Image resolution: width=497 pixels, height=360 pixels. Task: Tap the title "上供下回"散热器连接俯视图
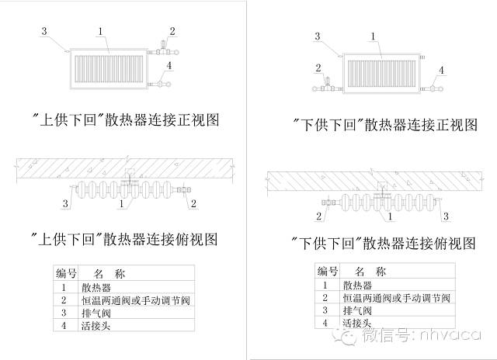coord(129,236)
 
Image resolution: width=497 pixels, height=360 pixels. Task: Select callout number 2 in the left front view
coord(172,31)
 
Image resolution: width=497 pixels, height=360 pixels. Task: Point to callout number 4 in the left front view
coord(169,67)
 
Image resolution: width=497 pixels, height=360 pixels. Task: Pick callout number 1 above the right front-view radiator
coord(374,36)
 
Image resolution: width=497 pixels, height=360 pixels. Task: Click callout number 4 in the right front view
coord(443,71)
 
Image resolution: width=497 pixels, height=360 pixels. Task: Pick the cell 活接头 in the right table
coord(356,321)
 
